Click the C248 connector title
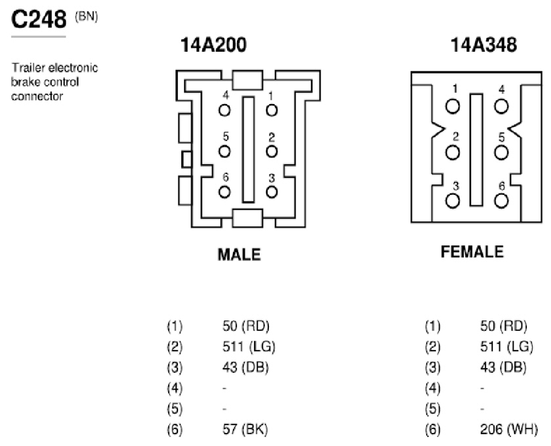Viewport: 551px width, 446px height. tap(39, 19)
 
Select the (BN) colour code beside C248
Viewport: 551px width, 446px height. tap(86, 16)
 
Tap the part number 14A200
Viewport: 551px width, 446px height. tap(213, 45)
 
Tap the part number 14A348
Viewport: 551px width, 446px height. tap(484, 45)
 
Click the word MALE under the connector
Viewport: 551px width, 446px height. tap(239, 254)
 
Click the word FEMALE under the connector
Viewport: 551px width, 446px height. tap(472, 252)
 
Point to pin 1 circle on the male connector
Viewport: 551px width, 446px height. tap(272, 111)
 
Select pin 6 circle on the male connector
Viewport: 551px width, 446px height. tap(224, 192)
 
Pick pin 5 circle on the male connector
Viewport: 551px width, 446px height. tap(224, 151)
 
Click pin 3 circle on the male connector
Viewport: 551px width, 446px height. tap(272, 192)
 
